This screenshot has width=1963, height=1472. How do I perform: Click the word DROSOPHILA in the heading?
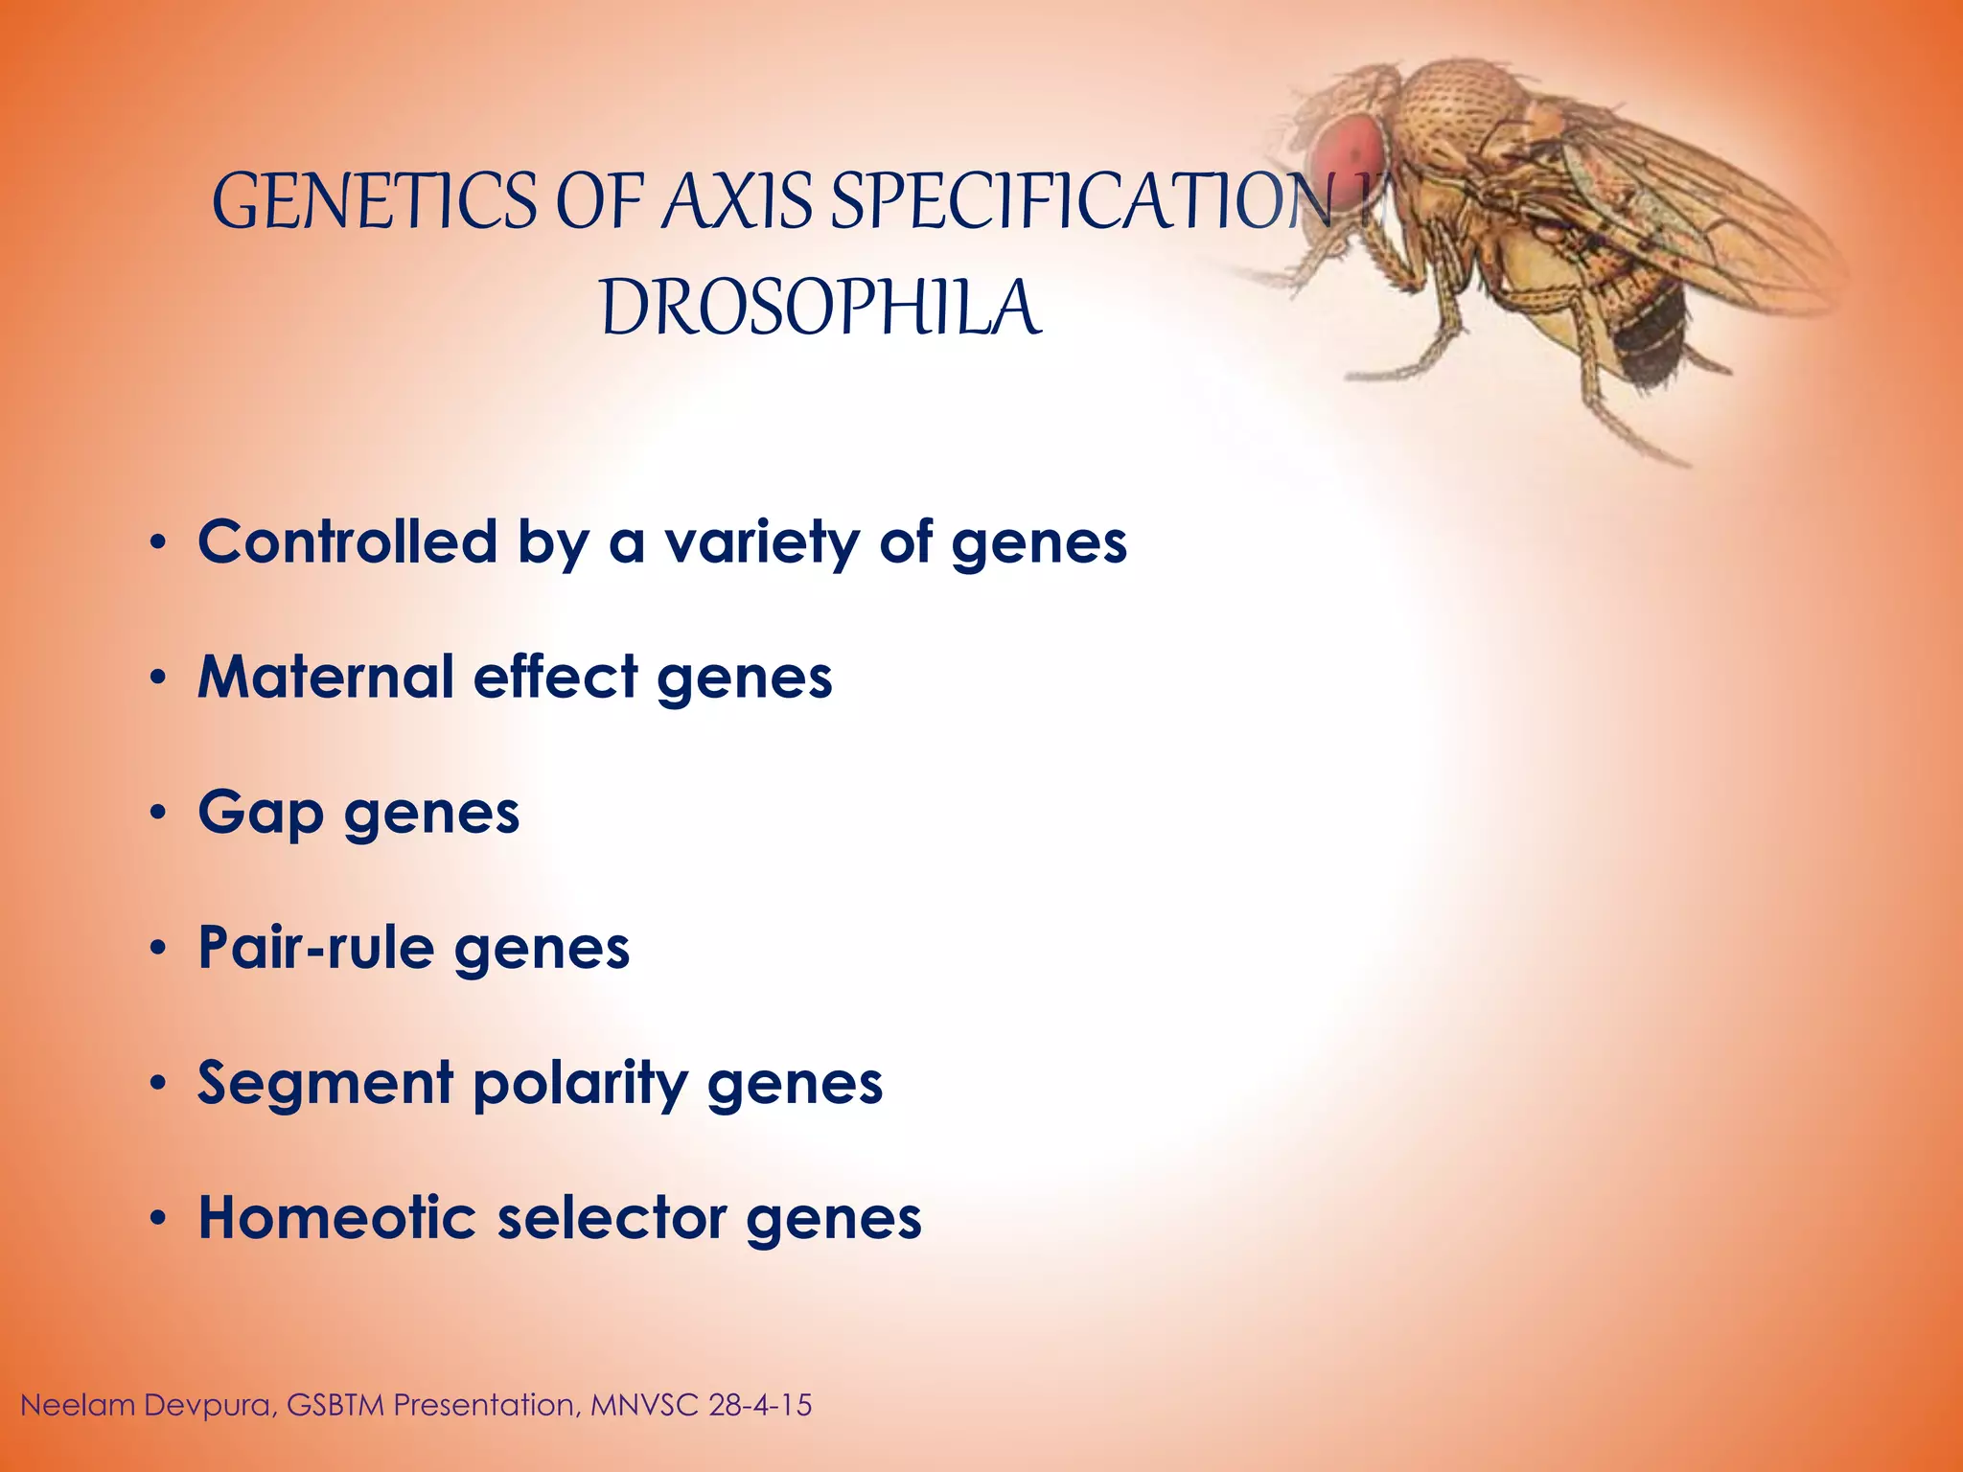pos(820,309)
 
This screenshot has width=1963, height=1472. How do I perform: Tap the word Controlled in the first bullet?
pos(347,541)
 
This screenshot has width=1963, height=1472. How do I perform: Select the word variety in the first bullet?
pos(762,543)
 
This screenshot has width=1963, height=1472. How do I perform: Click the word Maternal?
pos(325,677)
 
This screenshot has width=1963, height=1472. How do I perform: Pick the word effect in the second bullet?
pos(555,677)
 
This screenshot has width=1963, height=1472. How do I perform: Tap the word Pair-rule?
pos(315,948)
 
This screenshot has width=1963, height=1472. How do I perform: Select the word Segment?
pos(325,1084)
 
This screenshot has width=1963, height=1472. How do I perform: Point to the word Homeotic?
pos(336,1218)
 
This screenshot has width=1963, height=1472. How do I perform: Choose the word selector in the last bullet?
pos(611,1218)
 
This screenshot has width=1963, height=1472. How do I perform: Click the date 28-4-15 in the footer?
pos(760,1405)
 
